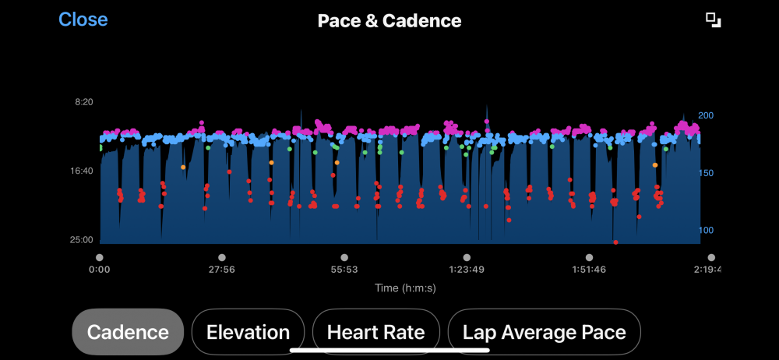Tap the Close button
[x=83, y=19]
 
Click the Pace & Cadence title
[x=389, y=21]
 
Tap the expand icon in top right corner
[x=714, y=20]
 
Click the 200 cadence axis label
[x=706, y=115]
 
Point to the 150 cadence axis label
[x=706, y=173]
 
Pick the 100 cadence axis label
[x=706, y=230]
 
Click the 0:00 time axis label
[x=100, y=270]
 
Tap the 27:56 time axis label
[x=222, y=270]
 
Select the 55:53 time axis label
[x=344, y=270]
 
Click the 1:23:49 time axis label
[x=467, y=270]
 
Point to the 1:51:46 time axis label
[x=589, y=270]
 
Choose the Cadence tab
[x=128, y=332]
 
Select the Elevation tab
[x=248, y=332]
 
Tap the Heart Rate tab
[x=375, y=332]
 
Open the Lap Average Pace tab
[x=544, y=332]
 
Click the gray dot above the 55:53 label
[x=344, y=257]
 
